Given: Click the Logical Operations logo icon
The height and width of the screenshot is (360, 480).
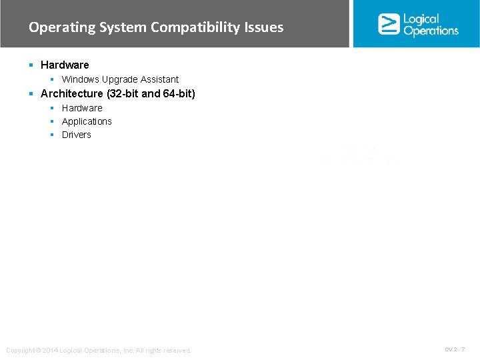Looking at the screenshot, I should point(389,24).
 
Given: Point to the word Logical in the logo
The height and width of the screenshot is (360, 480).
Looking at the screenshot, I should point(421,19).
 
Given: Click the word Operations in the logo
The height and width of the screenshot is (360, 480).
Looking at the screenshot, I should point(431,31).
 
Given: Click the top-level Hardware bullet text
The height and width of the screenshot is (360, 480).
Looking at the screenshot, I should point(65,65).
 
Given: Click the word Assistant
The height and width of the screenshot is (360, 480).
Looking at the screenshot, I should point(161,79).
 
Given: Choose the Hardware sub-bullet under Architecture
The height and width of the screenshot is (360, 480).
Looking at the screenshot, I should point(82,108).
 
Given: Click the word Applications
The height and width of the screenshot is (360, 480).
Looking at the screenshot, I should point(87,121).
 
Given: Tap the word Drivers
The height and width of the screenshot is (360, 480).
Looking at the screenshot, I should point(77,135).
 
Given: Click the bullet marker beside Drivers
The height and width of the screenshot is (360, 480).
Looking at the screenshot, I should point(51,135).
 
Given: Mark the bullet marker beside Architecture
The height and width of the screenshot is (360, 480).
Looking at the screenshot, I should point(31,93).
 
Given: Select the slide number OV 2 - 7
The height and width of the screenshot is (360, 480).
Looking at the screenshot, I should point(454,349).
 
